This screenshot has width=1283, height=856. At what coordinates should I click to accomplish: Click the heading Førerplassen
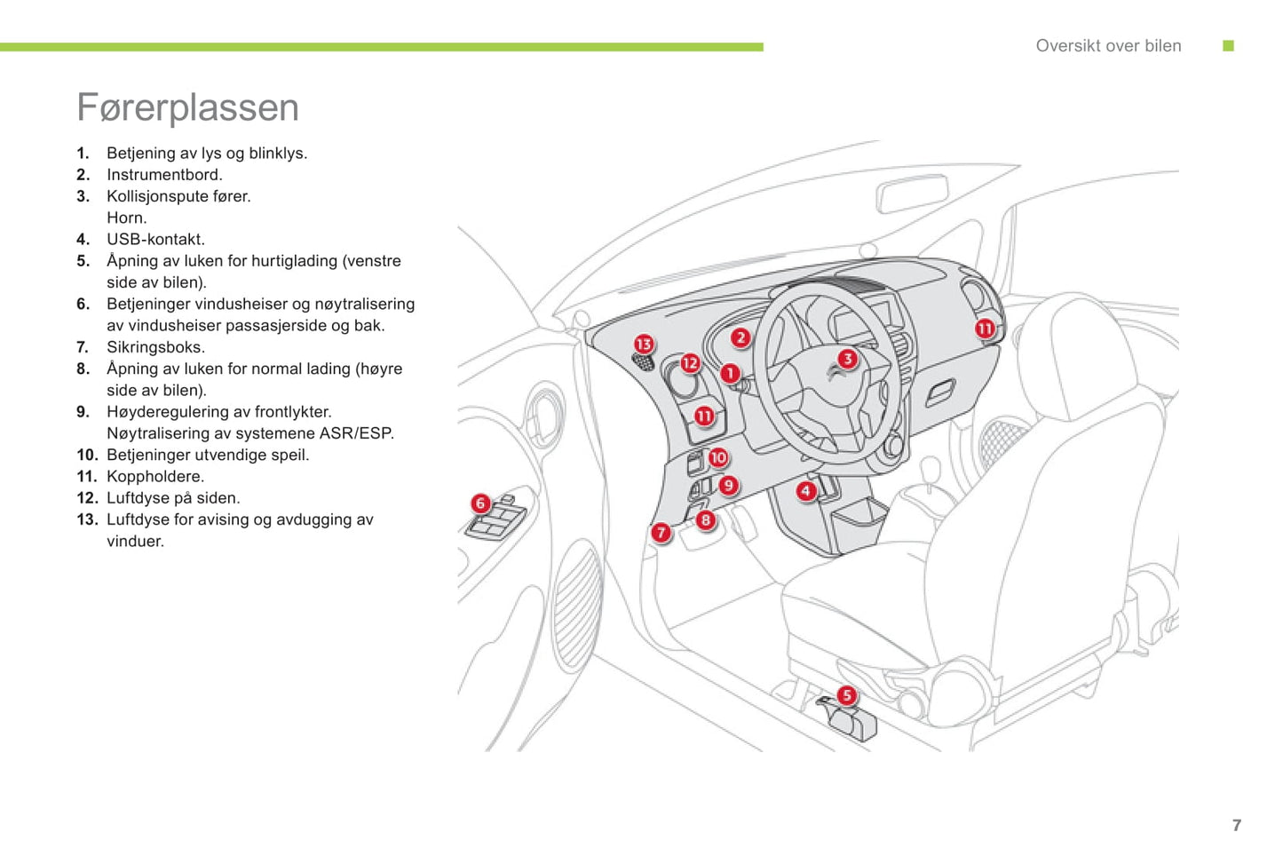click(187, 107)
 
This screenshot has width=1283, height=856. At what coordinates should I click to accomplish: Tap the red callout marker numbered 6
click(480, 503)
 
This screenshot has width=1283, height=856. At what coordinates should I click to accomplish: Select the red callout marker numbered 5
click(847, 695)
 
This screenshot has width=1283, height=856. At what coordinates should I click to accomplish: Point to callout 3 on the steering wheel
click(847, 359)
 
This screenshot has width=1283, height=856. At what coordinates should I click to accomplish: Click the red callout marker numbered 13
click(644, 344)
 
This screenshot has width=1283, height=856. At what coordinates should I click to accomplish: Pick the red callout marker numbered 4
click(805, 490)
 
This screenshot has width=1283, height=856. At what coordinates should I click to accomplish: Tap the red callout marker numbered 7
click(661, 533)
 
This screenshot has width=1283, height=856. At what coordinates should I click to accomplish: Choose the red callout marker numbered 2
click(740, 337)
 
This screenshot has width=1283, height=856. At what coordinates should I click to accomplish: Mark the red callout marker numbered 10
click(718, 457)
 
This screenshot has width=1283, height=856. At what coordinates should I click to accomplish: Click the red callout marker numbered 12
click(690, 362)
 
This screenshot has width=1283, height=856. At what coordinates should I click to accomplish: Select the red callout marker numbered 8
click(705, 520)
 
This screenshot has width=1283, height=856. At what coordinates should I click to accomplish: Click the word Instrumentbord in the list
click(163, 175)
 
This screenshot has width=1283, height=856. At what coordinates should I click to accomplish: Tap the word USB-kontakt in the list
click(155, 240)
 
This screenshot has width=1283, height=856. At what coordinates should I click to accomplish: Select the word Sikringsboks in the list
click(154, 347)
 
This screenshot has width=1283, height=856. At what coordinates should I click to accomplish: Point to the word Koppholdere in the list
click(154, 477)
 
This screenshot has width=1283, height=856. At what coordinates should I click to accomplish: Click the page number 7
click(1237, 826)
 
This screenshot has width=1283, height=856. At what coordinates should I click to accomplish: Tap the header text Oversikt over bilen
click(1108, 46)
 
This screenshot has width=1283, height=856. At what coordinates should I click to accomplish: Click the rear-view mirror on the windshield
click(912, 194)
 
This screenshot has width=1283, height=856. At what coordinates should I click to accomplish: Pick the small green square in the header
click(1229, 46)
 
